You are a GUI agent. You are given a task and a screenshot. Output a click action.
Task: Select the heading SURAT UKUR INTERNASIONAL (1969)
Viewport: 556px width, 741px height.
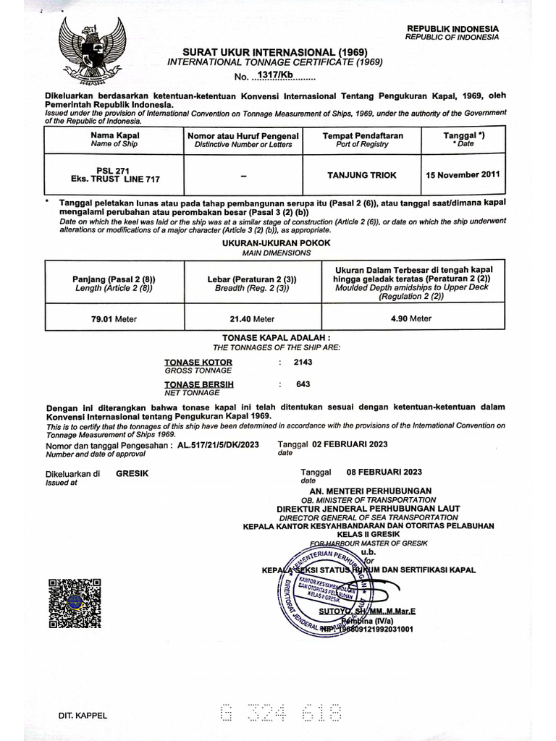[274, 53]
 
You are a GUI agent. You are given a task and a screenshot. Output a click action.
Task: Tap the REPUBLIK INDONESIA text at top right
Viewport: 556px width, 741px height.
[452, 28]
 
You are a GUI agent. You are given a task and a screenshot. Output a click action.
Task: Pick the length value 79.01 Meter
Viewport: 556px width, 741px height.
[114, 318]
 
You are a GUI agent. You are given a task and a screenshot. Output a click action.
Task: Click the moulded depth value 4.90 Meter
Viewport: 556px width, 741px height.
[410, 318]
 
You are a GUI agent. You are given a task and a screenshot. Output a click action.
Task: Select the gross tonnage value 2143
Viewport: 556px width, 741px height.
[303, 362]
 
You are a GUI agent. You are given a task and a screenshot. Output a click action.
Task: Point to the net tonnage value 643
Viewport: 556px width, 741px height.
[303, 384]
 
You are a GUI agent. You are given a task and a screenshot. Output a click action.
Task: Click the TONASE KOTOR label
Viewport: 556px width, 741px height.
[198, 362]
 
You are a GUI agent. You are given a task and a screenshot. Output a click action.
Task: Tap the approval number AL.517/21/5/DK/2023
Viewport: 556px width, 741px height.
[218, 444]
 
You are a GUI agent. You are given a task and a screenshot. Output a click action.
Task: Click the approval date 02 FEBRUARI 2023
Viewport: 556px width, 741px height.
[350, 444]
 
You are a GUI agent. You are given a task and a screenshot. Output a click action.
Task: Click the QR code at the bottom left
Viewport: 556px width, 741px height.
[75, 603]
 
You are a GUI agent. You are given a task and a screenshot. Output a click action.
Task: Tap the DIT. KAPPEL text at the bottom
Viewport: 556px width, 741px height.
[83, 716]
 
